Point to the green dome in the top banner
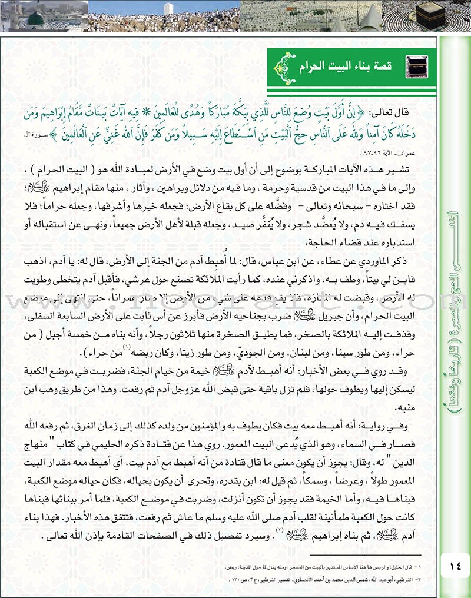click(36, 18)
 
